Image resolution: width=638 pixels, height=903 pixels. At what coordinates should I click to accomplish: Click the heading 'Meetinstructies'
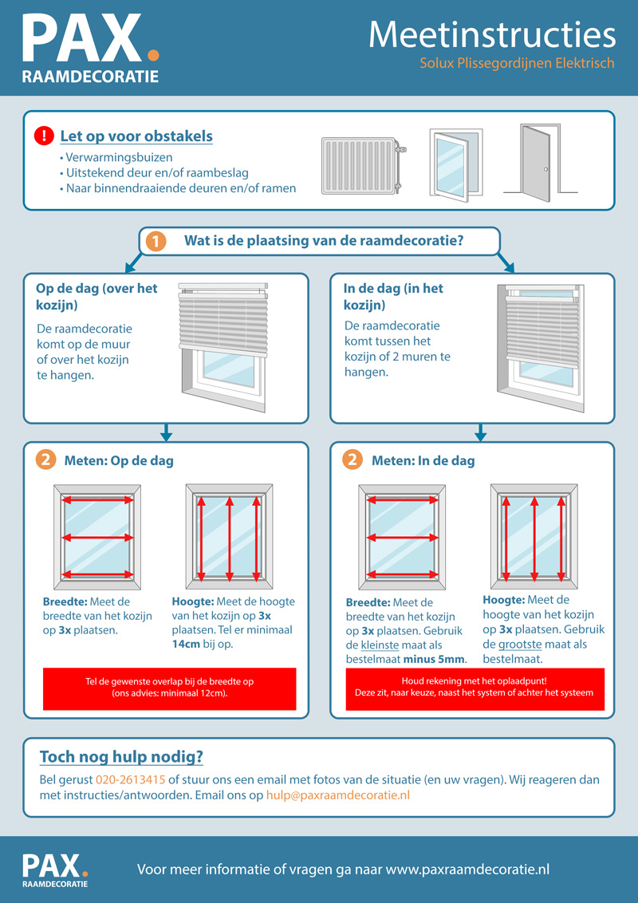coord(492,35)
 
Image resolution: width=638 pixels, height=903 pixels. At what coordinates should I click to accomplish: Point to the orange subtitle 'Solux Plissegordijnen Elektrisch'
coord(517,63)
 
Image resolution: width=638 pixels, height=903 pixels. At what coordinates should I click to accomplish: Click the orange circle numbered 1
coord(157,240)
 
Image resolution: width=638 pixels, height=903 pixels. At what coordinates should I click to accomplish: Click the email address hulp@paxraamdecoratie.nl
coord(337,795)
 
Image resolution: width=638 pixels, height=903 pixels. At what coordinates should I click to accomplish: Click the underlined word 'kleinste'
coord(379,645)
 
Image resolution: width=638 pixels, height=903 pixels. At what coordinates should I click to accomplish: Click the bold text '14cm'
coord(186,644)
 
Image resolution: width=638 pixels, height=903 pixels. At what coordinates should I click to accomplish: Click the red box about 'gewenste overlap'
coord(168,688)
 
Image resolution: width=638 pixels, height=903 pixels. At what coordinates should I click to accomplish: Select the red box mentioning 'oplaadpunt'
coord(475,688)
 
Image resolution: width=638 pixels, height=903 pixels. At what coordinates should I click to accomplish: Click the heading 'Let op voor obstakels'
coord(136,136)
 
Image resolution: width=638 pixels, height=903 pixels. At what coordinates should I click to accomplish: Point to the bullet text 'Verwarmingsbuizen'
coord(120,157)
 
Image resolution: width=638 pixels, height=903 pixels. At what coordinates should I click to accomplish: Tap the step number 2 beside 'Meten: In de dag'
coord(352,460)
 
